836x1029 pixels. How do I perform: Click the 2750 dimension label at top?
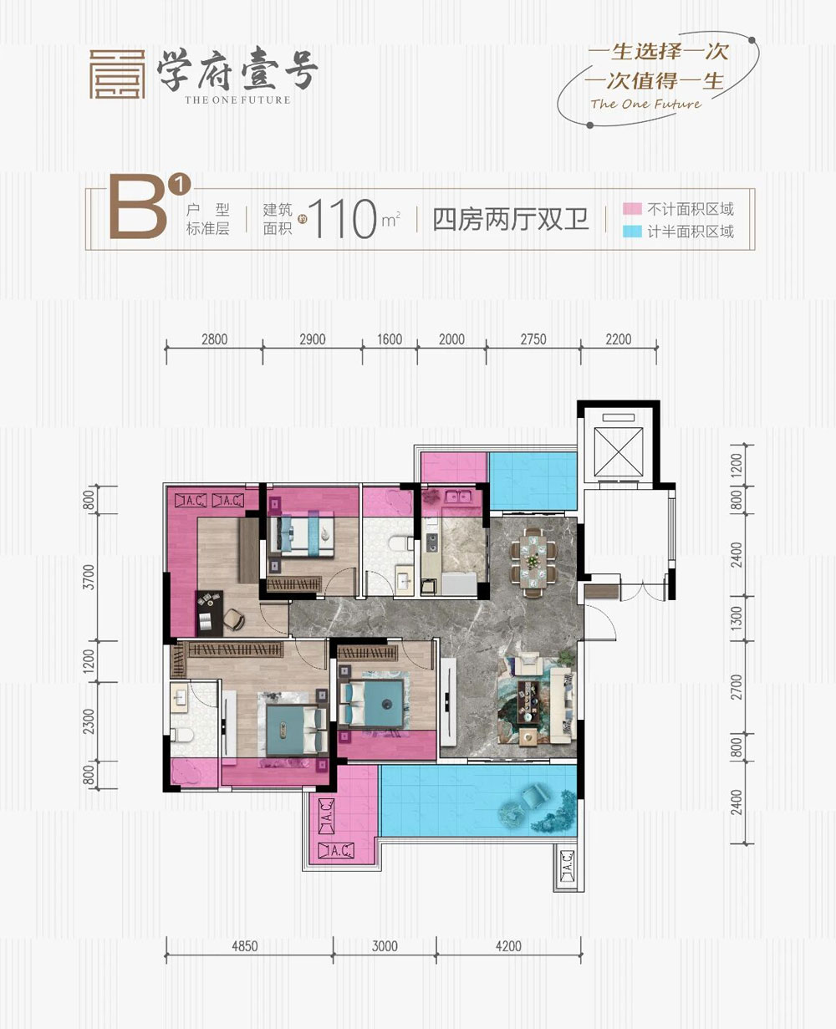coord(533,339)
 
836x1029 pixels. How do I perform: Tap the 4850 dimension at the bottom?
coord(244,946)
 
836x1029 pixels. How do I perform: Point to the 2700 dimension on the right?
coord(736,687)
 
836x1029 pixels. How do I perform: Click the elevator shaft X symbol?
coord(618,451)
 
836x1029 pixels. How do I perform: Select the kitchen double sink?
coord(459,497)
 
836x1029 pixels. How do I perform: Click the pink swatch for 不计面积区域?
coord(632,209)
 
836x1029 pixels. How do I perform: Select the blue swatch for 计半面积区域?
coord(632,232)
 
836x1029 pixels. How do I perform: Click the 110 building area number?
coord(342,219)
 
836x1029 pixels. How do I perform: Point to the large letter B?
coord(138,207)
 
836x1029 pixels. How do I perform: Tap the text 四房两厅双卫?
coord(511,219)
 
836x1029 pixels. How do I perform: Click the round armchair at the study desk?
coord(234,619)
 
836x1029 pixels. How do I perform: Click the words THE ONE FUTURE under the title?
coord(237,100)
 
